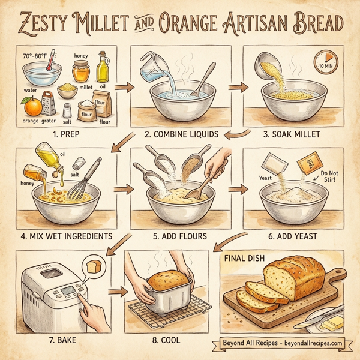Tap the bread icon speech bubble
[x=94, y=265]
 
